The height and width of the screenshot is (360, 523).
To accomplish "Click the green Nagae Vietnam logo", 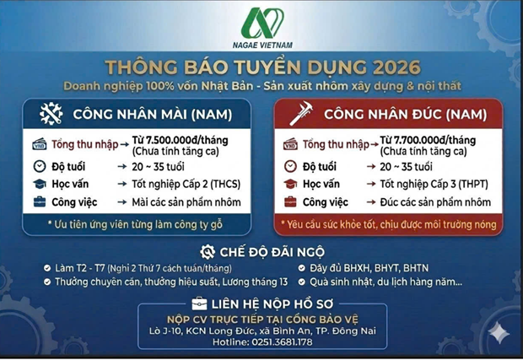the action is coord(262,23).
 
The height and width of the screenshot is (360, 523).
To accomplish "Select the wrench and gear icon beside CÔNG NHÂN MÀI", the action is coord(51,114).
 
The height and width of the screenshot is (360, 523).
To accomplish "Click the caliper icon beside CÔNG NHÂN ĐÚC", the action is coord(301,113).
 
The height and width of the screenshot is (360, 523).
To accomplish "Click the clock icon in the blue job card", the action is coord(40,166).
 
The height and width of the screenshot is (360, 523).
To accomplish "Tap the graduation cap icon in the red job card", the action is coord(290,184).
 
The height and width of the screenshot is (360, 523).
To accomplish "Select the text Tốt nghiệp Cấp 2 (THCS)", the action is coord(186,184).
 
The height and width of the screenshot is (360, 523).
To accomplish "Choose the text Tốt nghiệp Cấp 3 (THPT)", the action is coord(434,184).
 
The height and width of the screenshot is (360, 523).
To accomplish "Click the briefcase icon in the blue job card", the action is coord(40,201).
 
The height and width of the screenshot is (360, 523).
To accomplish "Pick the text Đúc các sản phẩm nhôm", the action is coord(435,202).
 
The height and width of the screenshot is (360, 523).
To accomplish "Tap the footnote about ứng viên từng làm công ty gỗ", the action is coord(135,224).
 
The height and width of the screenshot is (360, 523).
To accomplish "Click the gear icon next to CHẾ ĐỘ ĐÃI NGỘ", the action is coord(208,252).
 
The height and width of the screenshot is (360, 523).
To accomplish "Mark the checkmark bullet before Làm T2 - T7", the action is coord(47,268).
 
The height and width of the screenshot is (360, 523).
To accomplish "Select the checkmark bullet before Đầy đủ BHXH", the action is coord(301,268).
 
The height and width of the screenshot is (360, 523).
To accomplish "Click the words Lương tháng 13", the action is coord(255,282).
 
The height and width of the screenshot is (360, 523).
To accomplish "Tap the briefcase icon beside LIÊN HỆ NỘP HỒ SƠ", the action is coord(199,304).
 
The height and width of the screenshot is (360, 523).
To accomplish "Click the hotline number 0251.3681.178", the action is coord(282,342).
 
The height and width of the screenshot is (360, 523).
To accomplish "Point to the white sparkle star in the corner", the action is coord(499,332).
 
